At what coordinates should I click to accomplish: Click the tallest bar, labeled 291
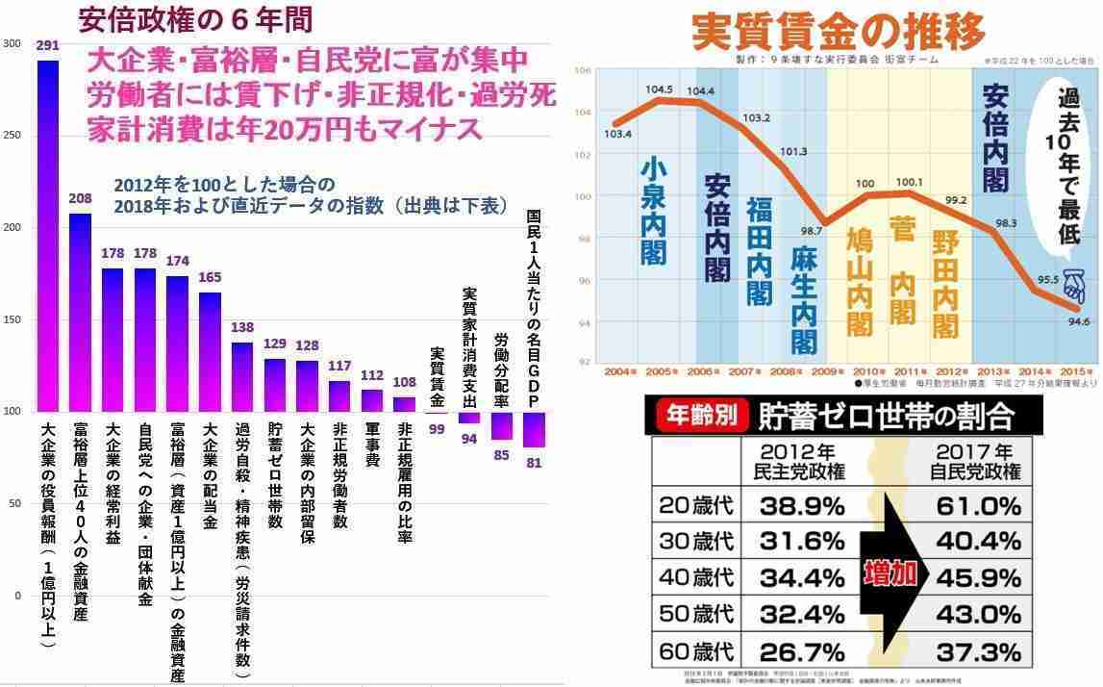click(47, 236)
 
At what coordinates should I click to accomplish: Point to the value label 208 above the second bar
click(81, 199)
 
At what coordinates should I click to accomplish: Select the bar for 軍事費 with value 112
click(371, 400)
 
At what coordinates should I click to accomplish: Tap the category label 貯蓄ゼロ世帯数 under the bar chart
click(275, 475)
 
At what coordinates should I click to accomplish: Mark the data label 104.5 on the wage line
click(658, 89)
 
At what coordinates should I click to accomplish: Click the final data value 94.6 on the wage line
click(1078, 321)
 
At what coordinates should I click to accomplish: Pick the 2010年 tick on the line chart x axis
click(870, 371)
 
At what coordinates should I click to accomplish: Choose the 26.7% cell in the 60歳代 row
click(801, 652)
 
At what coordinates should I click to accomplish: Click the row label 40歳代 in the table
click(697, 577)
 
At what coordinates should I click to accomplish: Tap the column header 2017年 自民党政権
click(975, 461)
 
